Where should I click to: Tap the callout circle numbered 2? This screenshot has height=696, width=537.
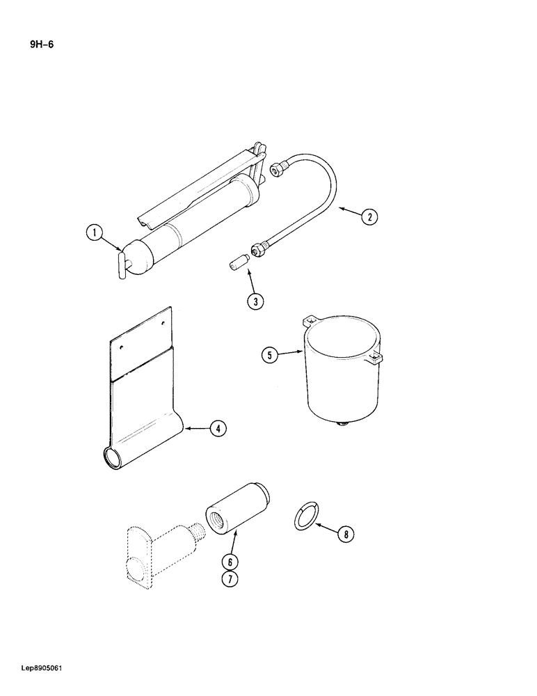point(369,216)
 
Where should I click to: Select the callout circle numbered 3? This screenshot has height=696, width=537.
point(255,301)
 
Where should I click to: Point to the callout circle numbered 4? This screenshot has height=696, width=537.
point(218,429)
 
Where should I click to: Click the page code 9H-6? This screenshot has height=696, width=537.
point(41,46)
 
